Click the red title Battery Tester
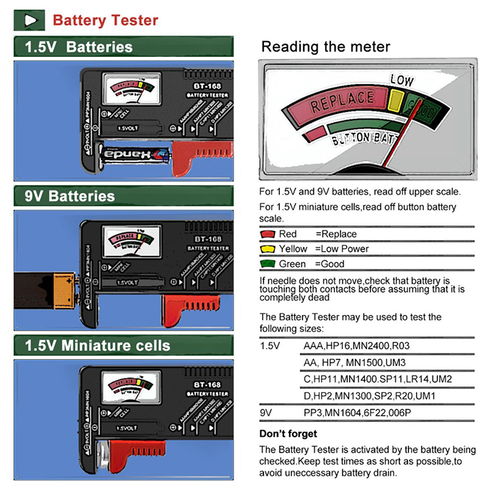click(x=105, y=20)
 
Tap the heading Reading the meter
click(x=325, y=47)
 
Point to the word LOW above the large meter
click(x=402, y=80)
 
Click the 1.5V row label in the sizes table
click(x=270, y=346)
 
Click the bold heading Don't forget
click(x=288, y=434)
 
